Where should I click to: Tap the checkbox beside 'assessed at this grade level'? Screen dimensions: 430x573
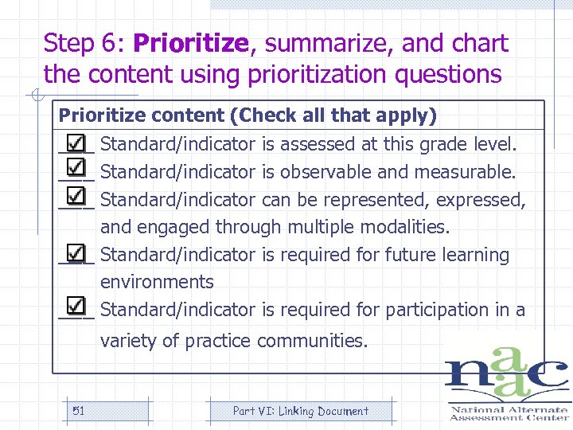point(76,143)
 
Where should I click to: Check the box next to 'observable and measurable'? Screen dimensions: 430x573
point(76,170)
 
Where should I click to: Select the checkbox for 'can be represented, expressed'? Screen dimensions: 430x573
point(76,197)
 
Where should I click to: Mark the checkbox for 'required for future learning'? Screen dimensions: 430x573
point(76,253)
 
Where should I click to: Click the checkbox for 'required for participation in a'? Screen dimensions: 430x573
point(76,307)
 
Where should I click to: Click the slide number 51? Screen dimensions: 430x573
point(78,411)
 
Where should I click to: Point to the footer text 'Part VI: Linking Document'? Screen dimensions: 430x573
point(300,411)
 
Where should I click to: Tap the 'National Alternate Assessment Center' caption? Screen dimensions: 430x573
point(509,412)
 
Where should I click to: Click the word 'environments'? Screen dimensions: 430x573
point(157,282)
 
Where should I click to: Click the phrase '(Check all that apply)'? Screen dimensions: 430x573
point(333,115)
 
